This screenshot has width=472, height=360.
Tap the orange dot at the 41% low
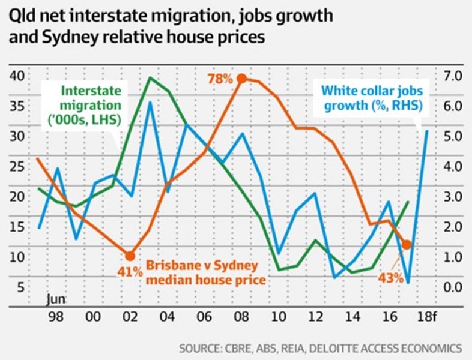pos(130,255)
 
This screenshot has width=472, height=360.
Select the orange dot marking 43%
pos(407,245)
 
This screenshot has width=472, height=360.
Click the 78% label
pos(220,79)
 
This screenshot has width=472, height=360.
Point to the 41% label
pos(129,272)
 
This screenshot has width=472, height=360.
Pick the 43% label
pos(390,279)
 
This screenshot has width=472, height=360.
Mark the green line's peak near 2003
pos(149,77)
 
